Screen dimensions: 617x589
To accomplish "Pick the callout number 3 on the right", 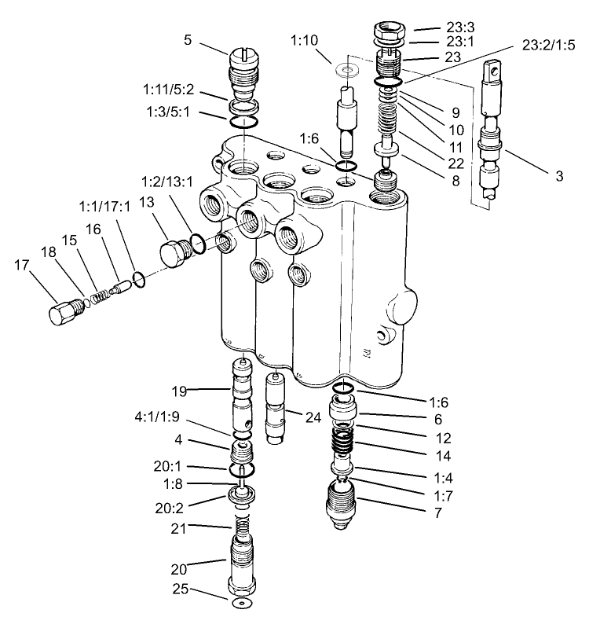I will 558,177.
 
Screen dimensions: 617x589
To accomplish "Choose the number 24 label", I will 313,418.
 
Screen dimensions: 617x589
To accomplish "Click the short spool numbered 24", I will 276,409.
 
